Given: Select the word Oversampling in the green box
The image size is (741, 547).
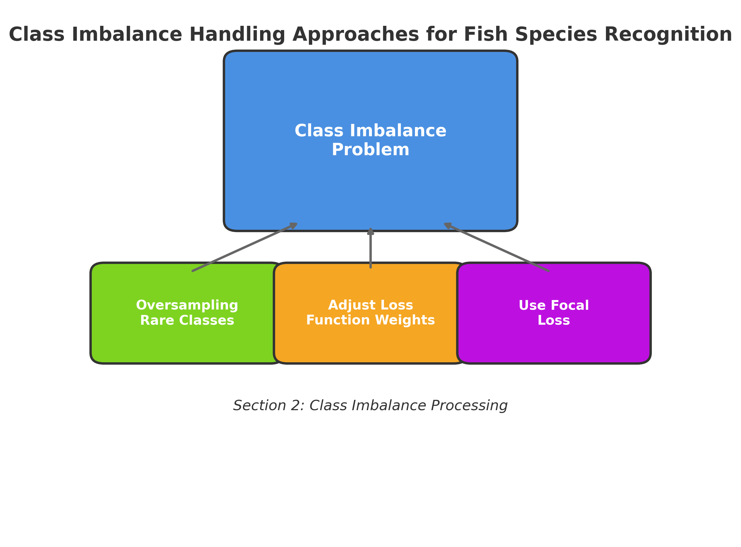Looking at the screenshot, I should [x=187, y=305].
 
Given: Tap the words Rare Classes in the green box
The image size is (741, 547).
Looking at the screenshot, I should [x=187, y=320].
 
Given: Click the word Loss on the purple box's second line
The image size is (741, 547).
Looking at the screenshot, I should [x=554, y=320].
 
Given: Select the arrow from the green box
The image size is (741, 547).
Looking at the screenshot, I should [x=245, y=247].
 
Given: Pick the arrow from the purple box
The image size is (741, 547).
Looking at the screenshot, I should [x=496, y=247].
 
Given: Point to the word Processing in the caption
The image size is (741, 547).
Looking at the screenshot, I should [x=469, y=406].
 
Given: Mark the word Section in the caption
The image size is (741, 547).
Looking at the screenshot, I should [x=260, y=406].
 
